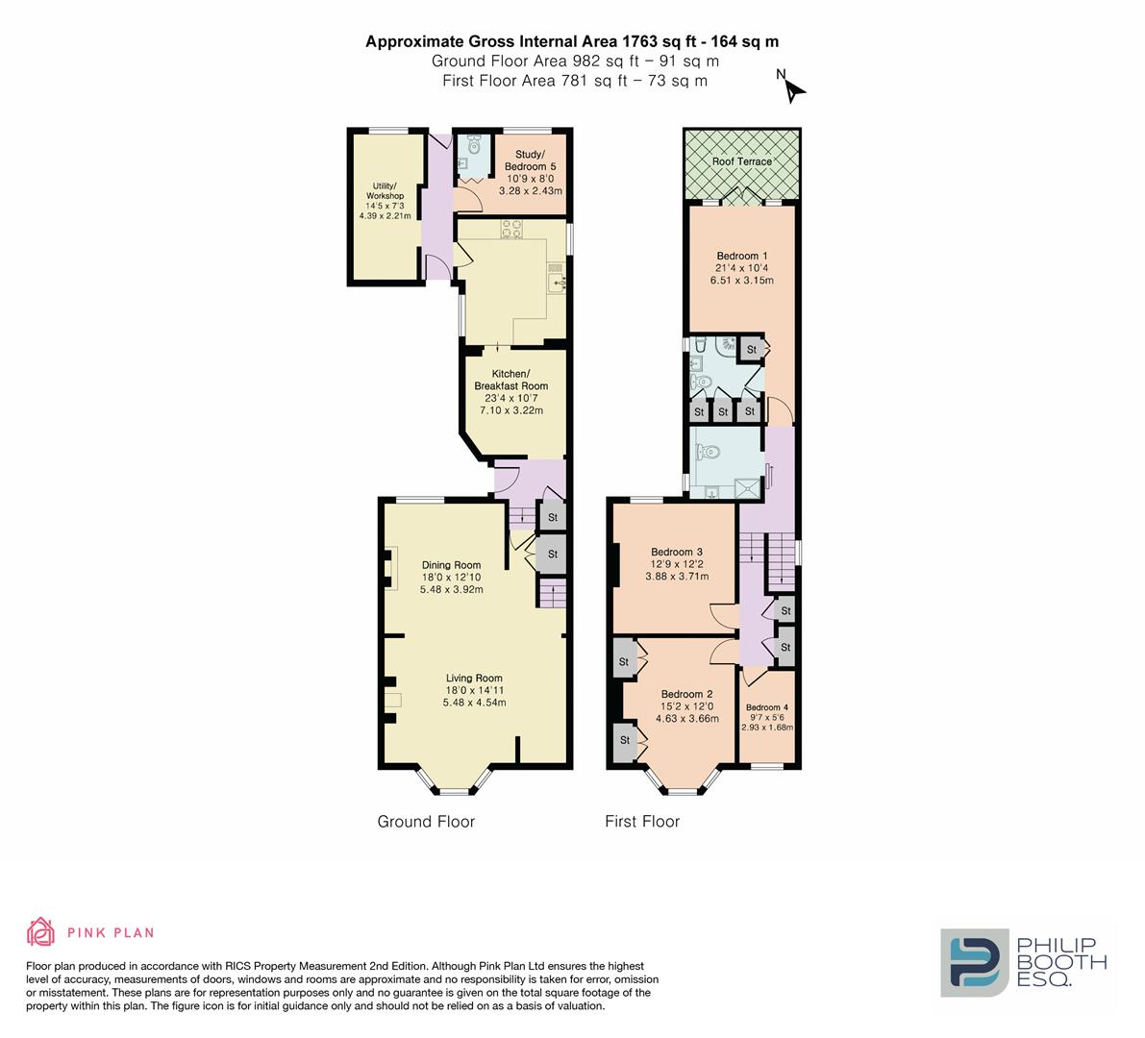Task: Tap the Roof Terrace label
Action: click(741, 161)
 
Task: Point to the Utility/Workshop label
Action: click(385, 190)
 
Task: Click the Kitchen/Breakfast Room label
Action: click(510, 380)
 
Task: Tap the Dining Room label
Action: click(451, 565)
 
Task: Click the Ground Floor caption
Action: click(426, 822)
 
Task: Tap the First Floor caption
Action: click(642, 822)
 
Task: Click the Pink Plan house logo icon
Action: click(40, 931)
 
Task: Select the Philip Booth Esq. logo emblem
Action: click(974, 961)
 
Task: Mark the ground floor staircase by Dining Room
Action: click(552, 593)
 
